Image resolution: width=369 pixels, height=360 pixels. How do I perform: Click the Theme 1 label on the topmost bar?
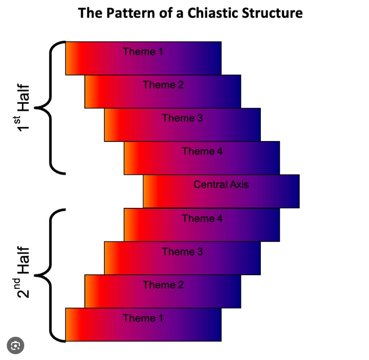(143, 51)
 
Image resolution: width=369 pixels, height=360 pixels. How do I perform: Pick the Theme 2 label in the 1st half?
(163, 85)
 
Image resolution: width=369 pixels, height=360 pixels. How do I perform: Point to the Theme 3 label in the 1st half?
(182, 118)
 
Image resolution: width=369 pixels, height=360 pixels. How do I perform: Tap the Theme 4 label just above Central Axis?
(202, 151)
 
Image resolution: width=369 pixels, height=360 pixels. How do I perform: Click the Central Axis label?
(221, 185)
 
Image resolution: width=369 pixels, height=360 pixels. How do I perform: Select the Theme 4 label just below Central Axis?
(202, 219)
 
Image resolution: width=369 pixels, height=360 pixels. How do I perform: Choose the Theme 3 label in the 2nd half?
(182, 251)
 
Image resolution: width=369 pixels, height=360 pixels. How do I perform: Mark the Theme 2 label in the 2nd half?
(163, 285)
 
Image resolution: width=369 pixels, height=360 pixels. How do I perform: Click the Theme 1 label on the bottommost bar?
(143, 318)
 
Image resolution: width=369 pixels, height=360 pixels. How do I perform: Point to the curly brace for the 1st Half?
(51, 107)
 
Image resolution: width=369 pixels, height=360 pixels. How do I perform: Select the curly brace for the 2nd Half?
(51, 275)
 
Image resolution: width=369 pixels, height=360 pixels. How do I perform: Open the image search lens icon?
(16, 345)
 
